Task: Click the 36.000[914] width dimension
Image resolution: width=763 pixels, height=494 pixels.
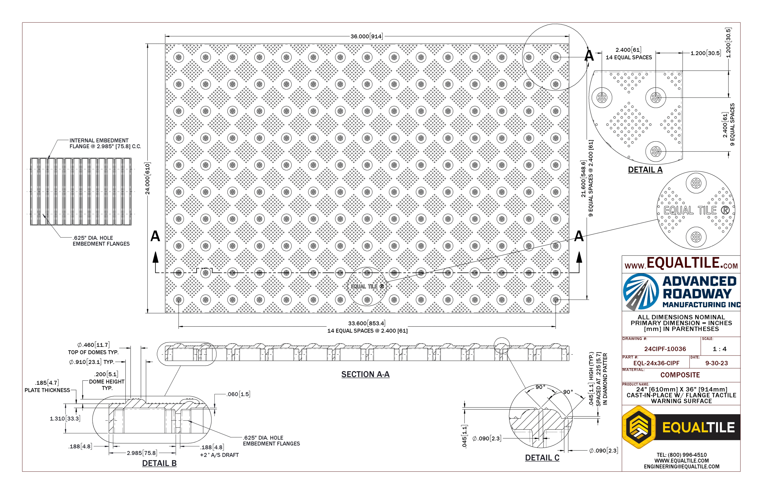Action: (366, 36)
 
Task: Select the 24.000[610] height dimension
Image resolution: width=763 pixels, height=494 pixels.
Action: (148, 178)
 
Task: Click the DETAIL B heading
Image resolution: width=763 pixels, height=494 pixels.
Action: (159, 463)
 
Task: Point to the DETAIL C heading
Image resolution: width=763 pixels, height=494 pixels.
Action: (542, 458)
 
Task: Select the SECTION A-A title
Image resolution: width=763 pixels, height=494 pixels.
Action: (365, 374)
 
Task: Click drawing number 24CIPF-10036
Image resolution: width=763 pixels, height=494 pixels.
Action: (665, 349)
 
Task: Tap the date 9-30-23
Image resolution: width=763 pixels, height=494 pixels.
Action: (717, 363)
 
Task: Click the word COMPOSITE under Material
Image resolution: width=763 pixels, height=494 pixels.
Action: (680, 375)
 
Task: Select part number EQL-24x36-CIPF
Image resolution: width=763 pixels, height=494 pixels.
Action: (656, 363)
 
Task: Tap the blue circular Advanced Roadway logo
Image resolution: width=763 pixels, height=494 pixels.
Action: (640, 291)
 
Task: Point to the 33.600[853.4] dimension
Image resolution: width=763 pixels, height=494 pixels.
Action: (367, 323)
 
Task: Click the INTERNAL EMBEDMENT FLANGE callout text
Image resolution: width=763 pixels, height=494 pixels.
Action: (105, 143)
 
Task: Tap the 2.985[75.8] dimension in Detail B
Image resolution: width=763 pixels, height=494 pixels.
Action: (142, 453)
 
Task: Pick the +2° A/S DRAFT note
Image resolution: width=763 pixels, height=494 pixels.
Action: (219, 455)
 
